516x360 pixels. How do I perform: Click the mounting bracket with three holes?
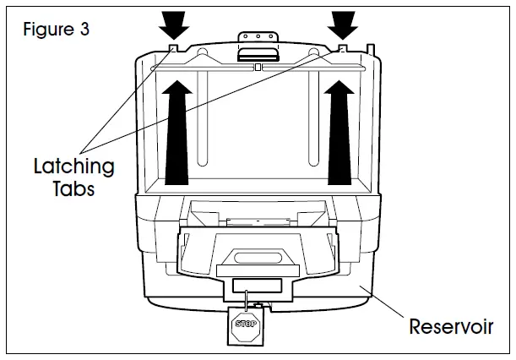pos(258,38)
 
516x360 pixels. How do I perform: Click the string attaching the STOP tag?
pos(247,300)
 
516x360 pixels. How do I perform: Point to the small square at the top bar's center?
pos(258,65)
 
